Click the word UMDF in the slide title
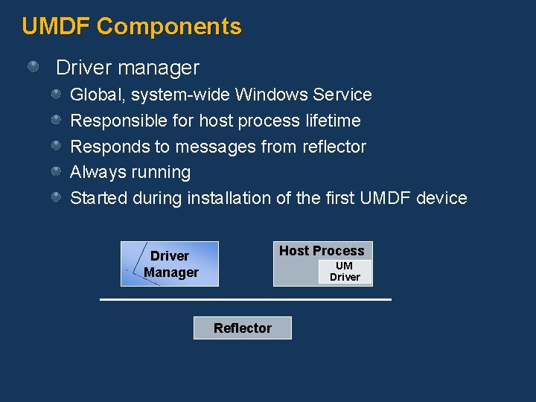coord(56,27)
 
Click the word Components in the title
coord(169,27)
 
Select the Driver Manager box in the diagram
coord(170,264)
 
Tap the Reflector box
coord(242,328)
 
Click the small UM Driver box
coord(345,272)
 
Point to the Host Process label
coord(322,251)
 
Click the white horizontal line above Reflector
coord(246,299)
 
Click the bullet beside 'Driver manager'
coord(33,68)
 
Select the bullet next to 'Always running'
coord(57,172)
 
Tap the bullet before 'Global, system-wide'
coord(57,95)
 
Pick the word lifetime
coord(333,121)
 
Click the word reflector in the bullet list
coord(334,147)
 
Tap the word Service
coord(342,95)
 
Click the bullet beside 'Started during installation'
coord(57,198)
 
